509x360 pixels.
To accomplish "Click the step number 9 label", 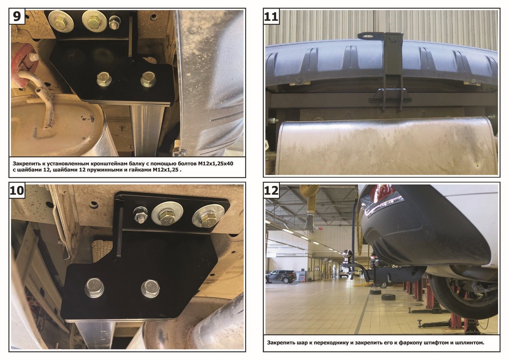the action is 17,17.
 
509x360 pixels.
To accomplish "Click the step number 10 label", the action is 17,190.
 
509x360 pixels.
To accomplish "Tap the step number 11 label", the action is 271,17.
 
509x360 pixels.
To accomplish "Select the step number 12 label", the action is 271,190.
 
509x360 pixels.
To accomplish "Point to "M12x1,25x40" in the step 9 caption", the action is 215,164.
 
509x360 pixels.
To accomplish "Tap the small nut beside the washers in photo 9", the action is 114,22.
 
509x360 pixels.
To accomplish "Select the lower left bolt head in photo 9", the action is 104,79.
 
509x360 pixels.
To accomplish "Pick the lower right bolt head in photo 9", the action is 148,79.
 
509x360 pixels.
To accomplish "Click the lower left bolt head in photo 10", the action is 95,287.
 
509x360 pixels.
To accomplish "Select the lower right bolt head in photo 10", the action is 150,288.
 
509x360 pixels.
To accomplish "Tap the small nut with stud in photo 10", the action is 140,215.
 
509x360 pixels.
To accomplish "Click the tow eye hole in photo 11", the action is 367,36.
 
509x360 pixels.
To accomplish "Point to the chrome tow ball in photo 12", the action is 347,254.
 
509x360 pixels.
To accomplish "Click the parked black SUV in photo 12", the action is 281,276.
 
